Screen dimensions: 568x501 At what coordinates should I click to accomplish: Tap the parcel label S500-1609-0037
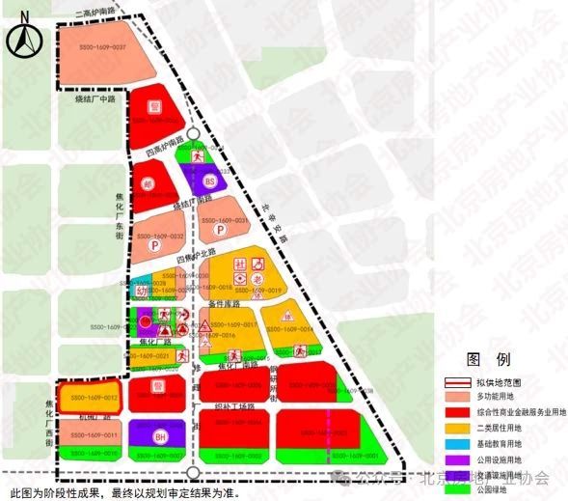pos(106,47)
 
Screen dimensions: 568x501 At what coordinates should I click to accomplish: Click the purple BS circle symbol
pos(210,181)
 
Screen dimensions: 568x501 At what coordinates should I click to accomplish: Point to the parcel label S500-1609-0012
pos(88,397)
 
